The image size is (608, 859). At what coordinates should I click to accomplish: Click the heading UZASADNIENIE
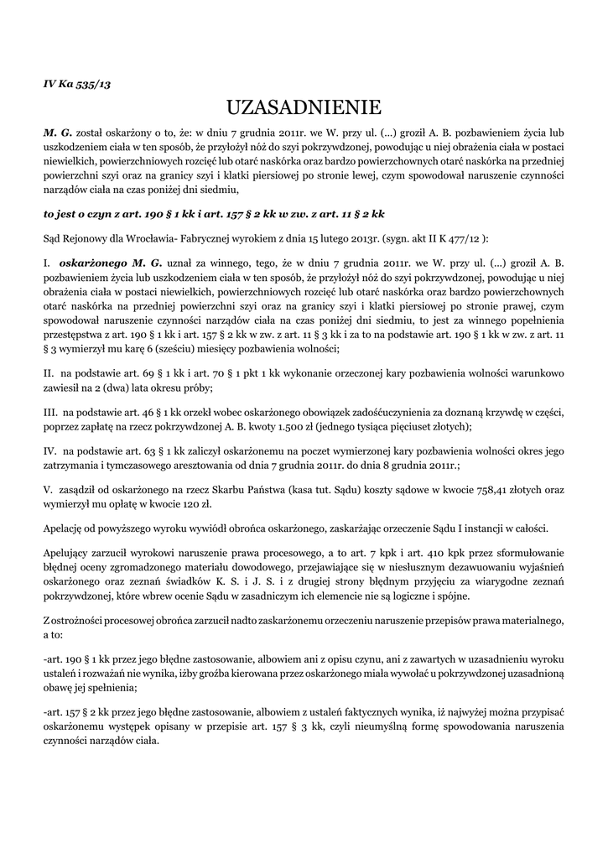(x=304, y=107)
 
